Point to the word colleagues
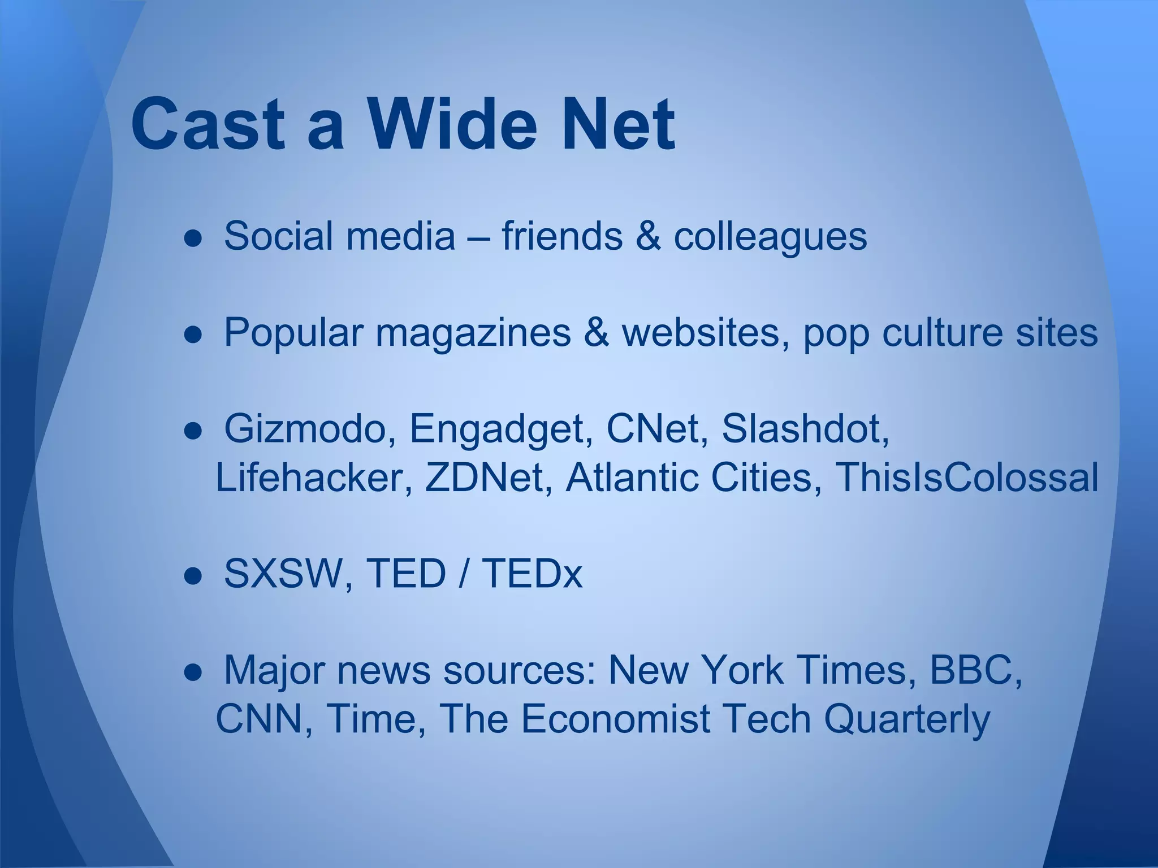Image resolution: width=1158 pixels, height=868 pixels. pyautogui.click(x=770, y=236)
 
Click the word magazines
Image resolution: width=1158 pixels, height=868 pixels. pyautogui.click(x=473, y=333)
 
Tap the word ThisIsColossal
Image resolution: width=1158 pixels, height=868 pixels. pyautogui.click(x=966, y=478)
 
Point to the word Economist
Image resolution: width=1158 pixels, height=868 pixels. pyautogui.click(x=615, y=719)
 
